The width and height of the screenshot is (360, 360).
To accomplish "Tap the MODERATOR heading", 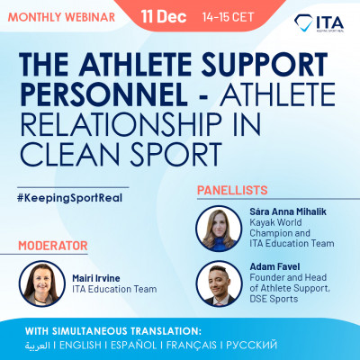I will [51, 244].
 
